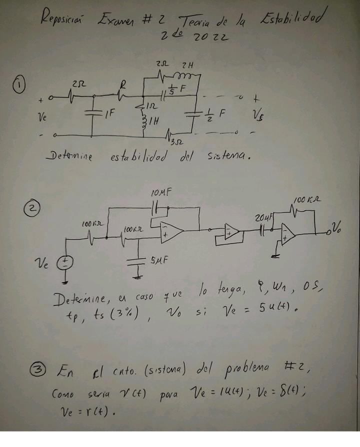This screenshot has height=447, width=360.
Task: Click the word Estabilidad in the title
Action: (x=291, y=20)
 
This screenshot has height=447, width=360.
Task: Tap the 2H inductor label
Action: (x=188, y=65)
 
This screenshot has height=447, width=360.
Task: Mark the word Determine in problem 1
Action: (x=69, y=157)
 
